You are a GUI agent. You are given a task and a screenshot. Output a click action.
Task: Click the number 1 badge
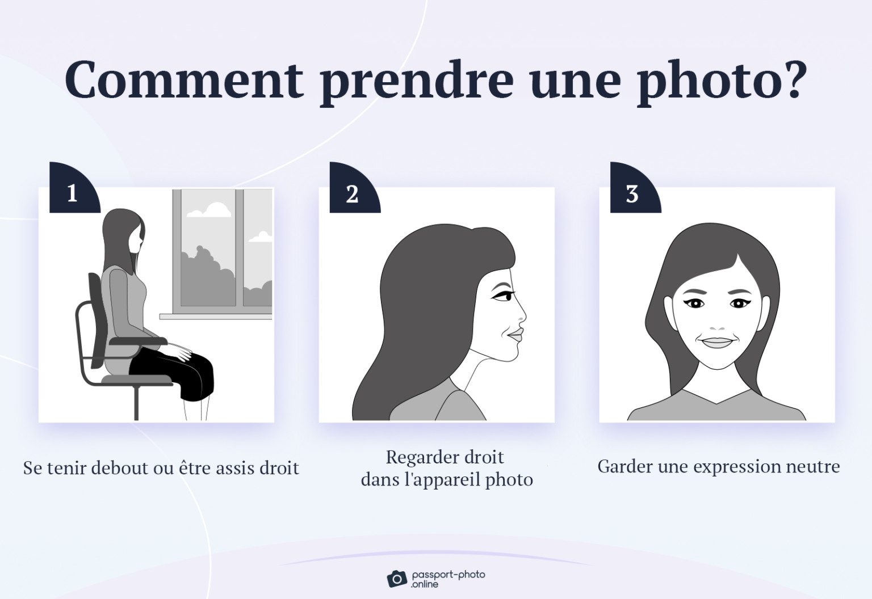pos(72,193)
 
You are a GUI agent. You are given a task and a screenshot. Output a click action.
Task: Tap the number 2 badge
pos(352,193)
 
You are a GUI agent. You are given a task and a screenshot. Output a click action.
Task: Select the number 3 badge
pos(632,193)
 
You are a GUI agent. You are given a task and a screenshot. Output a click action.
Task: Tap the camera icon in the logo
pos(397,579)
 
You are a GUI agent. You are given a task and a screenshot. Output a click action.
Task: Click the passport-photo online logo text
pos(448,579)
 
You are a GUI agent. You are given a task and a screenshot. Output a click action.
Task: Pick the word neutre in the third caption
pos(812,467)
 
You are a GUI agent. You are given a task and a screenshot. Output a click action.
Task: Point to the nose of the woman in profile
pos(521,315)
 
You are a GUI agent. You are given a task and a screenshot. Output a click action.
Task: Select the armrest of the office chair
pos(139,341)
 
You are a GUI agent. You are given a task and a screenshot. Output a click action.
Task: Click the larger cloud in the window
pos(209,210)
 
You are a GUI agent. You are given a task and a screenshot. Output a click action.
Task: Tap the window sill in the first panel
pos(216,317)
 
